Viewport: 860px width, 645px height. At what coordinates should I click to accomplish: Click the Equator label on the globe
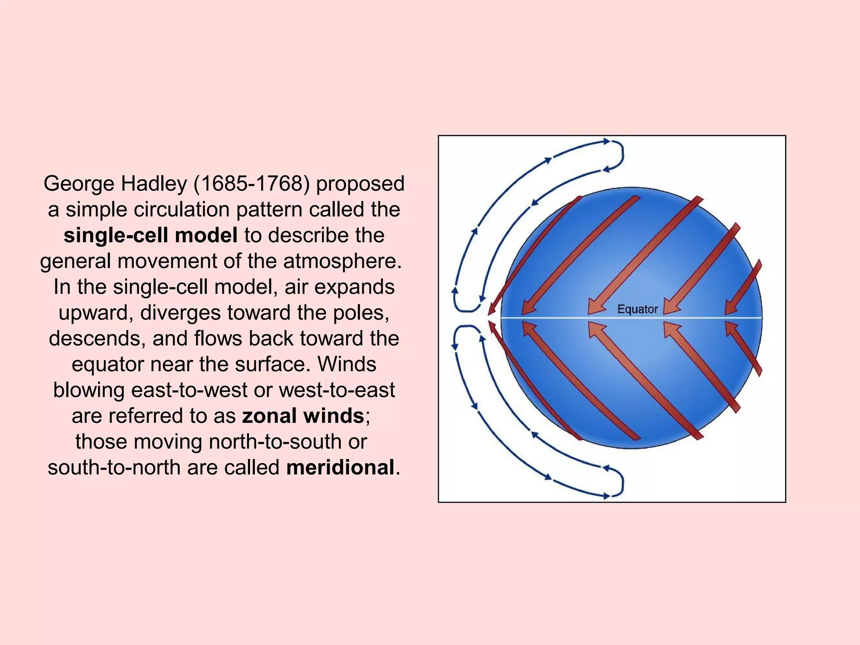637,309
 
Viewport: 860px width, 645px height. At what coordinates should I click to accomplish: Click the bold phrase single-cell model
150,235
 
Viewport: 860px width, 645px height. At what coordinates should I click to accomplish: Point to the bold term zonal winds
303,416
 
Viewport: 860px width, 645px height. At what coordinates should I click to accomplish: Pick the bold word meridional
340,467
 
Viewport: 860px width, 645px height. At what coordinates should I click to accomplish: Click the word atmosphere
340,261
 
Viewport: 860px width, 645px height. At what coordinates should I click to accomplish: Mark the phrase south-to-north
114,467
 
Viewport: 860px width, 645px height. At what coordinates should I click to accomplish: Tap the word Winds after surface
346,364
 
